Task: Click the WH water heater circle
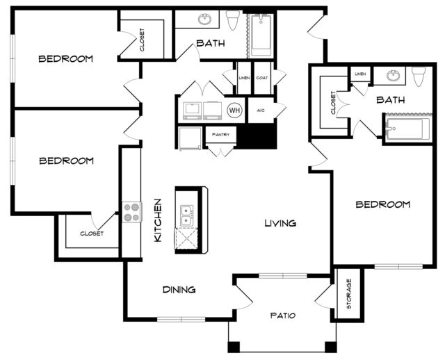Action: [x=234, y=110]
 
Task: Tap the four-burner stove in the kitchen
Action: [x=132, y=212]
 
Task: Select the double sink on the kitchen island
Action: [x=186, y=216]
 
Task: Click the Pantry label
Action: [x=220, y=135]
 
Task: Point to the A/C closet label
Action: [x=261, y=111]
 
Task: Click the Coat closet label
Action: [x=262, y=78]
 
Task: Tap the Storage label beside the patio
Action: [x=349, y=294]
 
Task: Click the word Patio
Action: [x=283, y=316]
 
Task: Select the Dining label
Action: [x=179, y=290]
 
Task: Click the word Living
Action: [x=280, y=223]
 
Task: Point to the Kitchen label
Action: [x=158, y=220]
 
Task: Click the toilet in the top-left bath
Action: [x=233, y=20]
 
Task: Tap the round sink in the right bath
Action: [x=393, y=76]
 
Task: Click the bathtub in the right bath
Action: [x=408, y=129]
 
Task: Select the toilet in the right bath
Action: [x=419, y=76]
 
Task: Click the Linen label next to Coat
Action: [x=244, y=78]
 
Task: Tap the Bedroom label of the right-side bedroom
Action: [x=383, y=204]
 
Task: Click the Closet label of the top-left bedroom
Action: [x=142, y=40]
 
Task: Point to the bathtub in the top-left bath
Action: [x=261, y=34]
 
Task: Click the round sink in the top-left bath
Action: [x=204, y=19]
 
